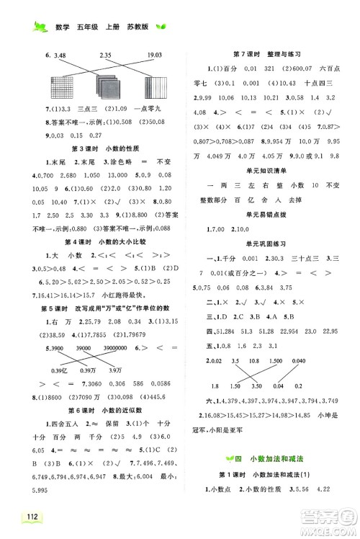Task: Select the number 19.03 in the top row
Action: (154, 54)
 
